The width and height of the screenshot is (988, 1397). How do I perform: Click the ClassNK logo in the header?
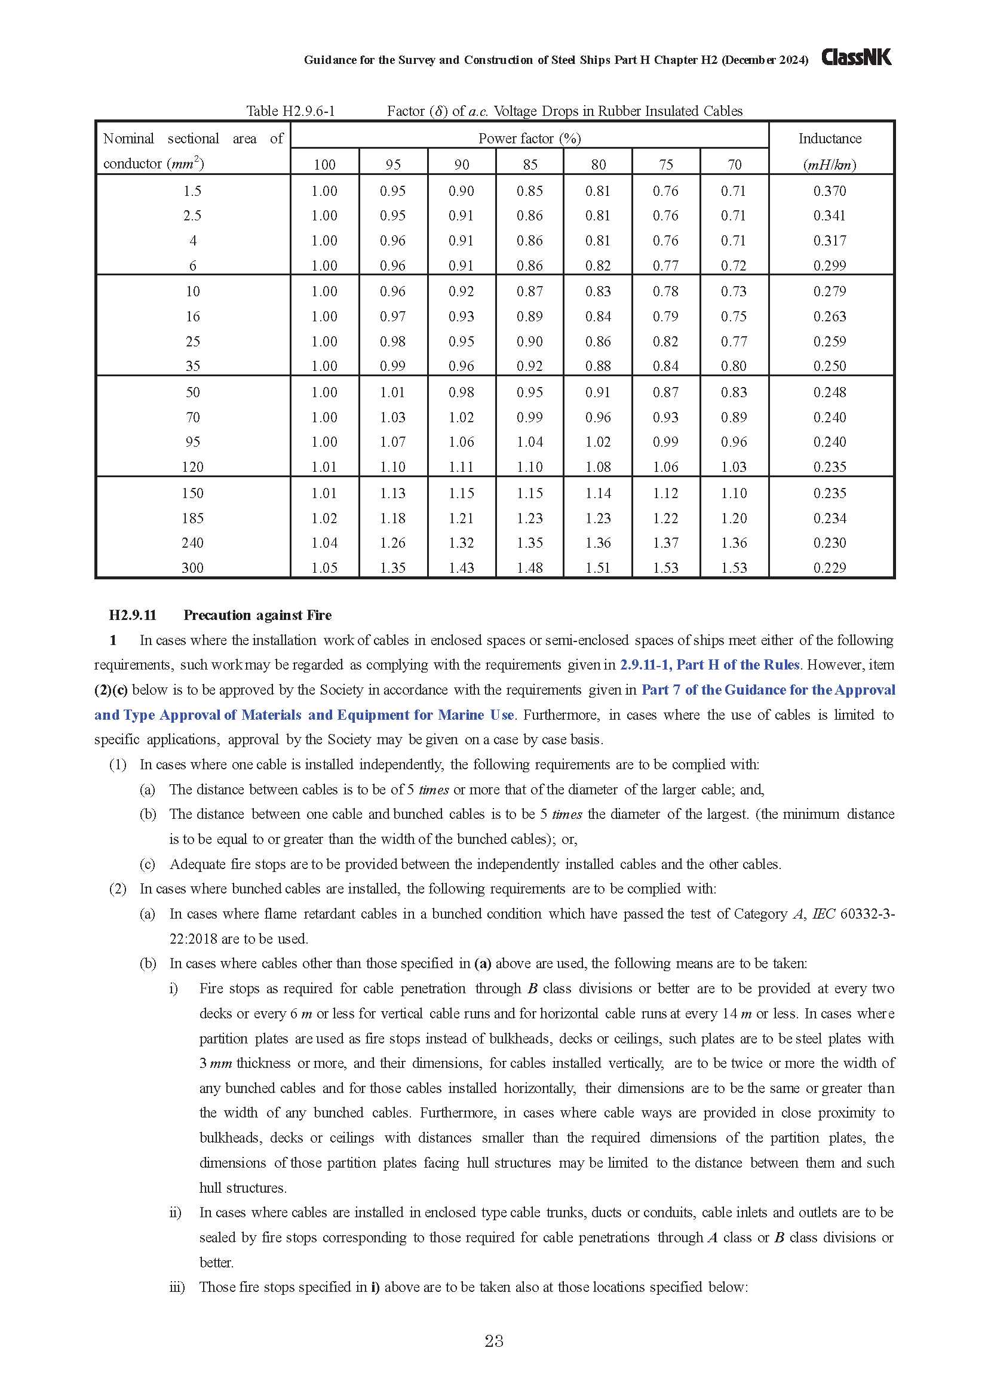click(x=856, y=57)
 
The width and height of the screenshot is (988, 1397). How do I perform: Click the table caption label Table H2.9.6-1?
click(x=290, y=110)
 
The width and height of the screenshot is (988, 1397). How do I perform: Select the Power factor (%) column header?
click(x=529, y=138)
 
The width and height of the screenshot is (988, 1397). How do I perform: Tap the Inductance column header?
click(x=830, y=139)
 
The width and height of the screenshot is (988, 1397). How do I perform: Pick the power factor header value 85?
click(x=530, y=164)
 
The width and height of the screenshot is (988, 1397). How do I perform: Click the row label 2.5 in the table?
click(x=192, y=216)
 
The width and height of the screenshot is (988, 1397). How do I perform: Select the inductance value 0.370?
click(x=830, y=191)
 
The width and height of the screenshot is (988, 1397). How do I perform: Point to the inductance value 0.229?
click(x=830, y=567)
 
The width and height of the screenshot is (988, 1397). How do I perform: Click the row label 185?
click(x=192, y=518)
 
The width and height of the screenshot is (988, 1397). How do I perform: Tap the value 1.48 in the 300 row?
click(x=530, y=567)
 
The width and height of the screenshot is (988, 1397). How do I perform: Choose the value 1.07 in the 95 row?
click(x=393, y=442)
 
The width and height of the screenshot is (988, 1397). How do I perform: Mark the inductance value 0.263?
click(x=830, y=317)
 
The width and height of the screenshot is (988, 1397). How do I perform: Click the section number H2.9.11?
click(x=133, y=615)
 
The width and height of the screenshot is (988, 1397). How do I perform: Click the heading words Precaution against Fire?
click(x=257, y=615)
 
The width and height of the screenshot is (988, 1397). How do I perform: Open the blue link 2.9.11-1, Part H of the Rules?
click(x=710, y=665)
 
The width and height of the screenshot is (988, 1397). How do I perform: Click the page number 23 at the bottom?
click(x=494, y=1341)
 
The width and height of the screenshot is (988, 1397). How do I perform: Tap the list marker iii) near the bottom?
click(x=177, y=1287)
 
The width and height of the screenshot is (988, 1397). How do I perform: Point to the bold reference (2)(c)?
click(x=111, y=690)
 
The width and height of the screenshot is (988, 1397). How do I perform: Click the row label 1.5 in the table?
click(x=192, y=191)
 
